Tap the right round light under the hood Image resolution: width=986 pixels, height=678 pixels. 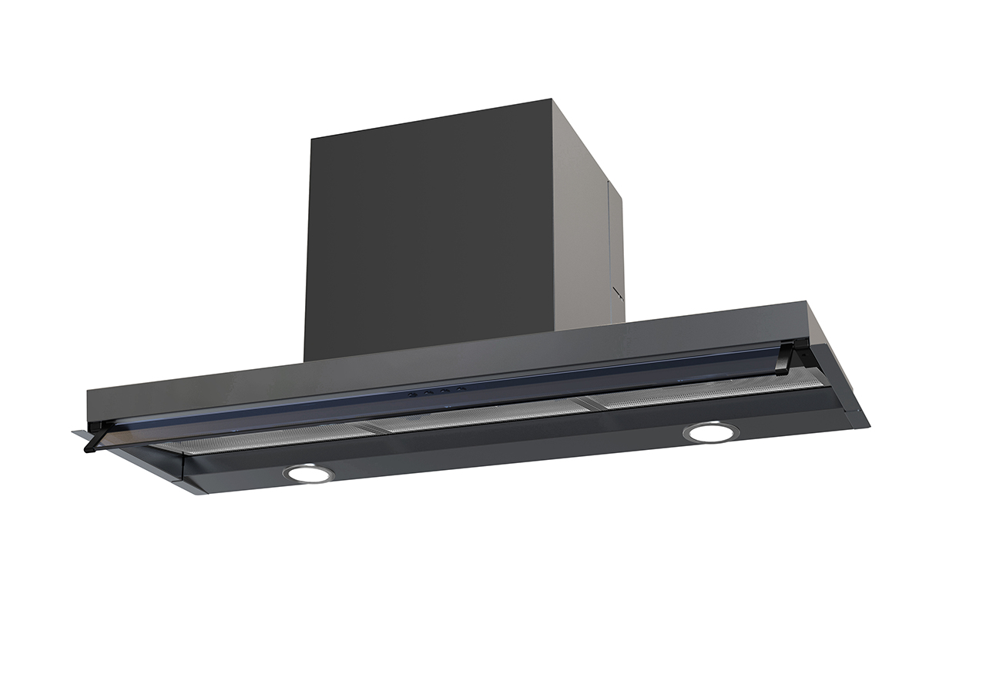[x=710, y=432]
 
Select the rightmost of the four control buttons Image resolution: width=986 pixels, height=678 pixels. [x=460, y=389]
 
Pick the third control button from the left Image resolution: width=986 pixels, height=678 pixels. [x=443, y=391]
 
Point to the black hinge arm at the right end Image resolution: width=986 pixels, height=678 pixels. [x=785, y=357]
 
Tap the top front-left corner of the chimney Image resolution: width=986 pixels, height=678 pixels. [x=311, y=139]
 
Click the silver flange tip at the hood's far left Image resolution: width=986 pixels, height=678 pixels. [x=78, y=434]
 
